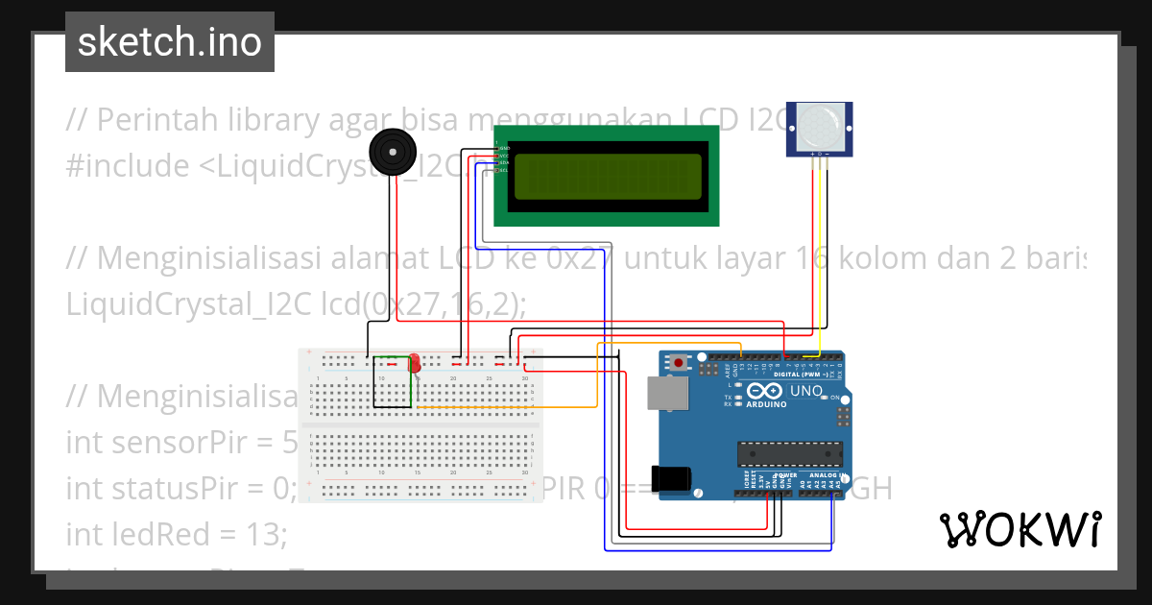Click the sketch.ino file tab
coord(169,42)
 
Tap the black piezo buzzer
coord(392,153)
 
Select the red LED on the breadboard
coord(415,364)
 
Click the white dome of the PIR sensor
coord(818,125)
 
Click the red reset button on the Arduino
coord(680,363)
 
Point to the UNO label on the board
coord(804,391)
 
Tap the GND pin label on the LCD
coord(502,148)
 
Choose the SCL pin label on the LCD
coord(502,170)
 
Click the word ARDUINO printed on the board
coord(766,404)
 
